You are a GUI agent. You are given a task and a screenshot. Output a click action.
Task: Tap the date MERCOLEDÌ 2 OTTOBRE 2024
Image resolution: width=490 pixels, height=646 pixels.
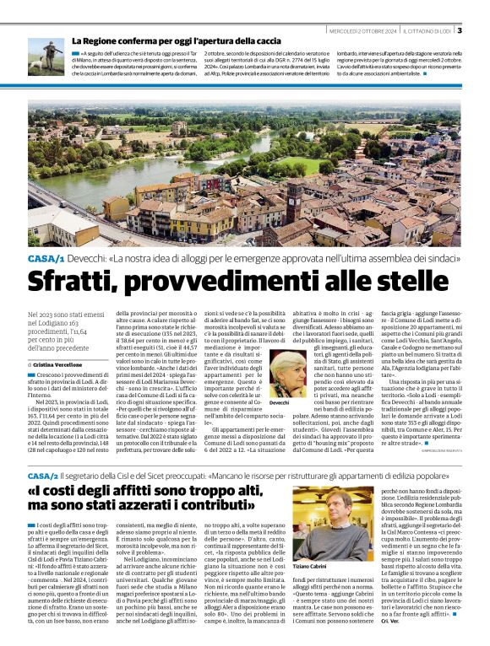[362, 31]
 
